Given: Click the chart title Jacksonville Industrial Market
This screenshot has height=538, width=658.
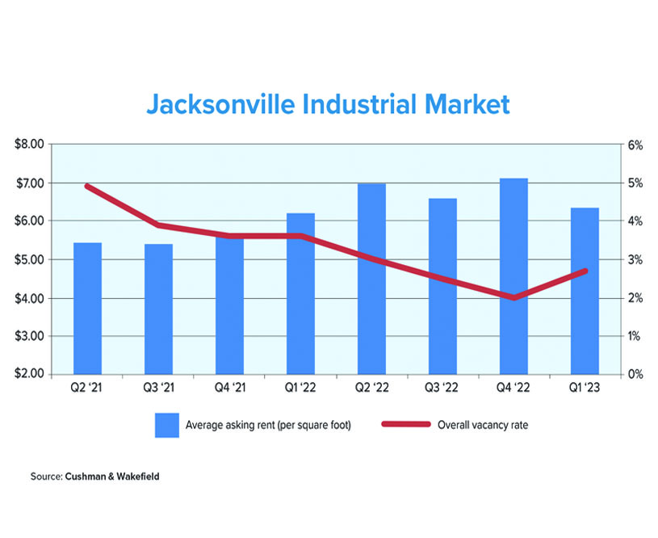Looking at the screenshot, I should point(328,104).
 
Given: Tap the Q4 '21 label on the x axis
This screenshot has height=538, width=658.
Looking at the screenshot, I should point(229,389).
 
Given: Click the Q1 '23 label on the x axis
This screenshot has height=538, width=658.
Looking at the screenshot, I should point(585,389).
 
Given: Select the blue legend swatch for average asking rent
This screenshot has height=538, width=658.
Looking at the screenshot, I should point(166,425).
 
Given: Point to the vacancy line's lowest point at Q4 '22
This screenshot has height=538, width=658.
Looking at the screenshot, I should point(513,297).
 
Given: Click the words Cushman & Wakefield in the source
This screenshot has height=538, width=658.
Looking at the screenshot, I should point(111,477).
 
